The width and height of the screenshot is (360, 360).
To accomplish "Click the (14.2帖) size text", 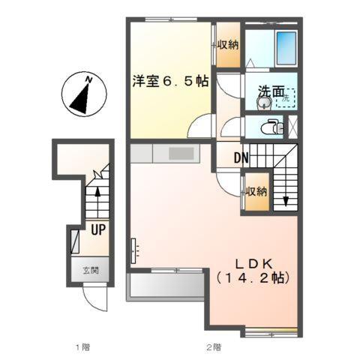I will (253, 277).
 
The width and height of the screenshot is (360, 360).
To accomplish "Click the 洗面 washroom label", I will (270, 91).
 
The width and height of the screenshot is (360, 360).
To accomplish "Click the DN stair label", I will (241, 158).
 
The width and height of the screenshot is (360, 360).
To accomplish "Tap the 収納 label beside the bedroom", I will (228, 46).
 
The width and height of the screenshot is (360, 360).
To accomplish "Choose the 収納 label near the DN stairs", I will (256, 191).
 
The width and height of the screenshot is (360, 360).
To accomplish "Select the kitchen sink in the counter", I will (181, 154).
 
